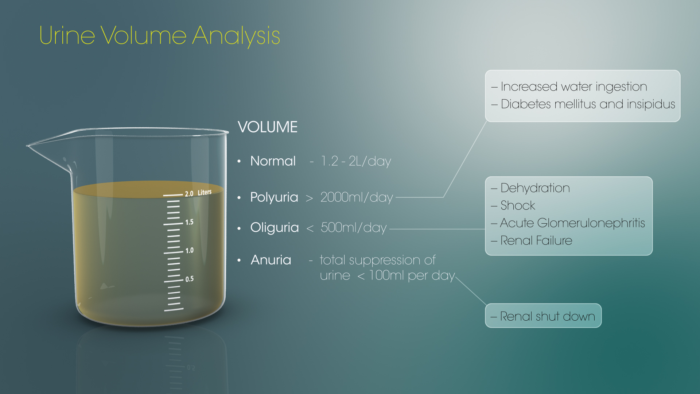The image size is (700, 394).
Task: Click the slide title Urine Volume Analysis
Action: click(x=159, y=36)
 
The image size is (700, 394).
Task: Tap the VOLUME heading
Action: click(x=268, y=127)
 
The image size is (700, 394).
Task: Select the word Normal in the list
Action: click(x=273, y=161)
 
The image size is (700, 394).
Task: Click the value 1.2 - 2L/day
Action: click(x=356, y=161)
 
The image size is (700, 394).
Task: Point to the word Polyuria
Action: click(x=274, y=197)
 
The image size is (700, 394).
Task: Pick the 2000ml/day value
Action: click(x=357, y=197)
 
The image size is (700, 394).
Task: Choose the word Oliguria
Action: click(x=275, y=227)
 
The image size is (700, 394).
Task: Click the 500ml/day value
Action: click(x=353, y=228)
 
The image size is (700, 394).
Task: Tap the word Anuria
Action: click(x=271, y=260)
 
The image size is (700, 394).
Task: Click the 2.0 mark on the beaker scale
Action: click(x=189, y=194)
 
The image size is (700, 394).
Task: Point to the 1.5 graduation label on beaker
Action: click(x=189, y=222)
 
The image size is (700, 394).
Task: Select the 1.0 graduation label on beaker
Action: click(x=189, y=251)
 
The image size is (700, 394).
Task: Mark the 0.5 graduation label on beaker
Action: click(x=189, y=279)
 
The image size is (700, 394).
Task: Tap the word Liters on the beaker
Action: click(x=205, y=192)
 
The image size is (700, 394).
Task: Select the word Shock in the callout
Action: click(x=518, y=205)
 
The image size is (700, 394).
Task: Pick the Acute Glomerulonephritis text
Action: click(x=572, y=223)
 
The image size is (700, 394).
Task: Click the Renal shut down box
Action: click(x=543, y=316)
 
